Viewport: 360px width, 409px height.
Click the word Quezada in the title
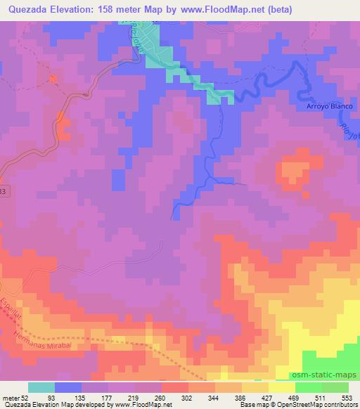(25, 9)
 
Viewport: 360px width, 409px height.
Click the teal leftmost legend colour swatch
(41, 387)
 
